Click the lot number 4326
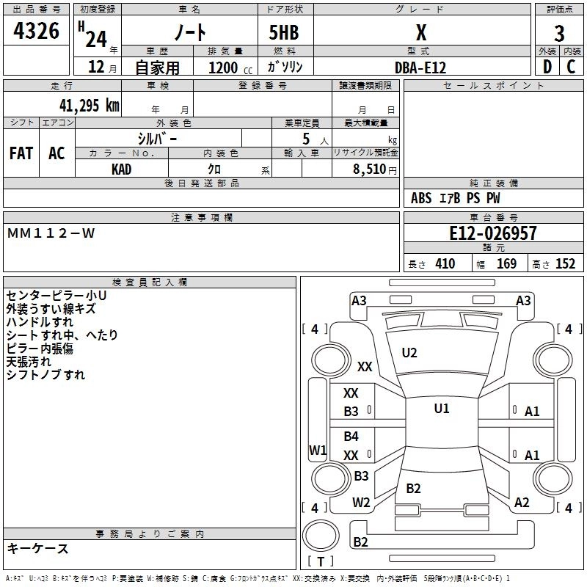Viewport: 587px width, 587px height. pos(36,32)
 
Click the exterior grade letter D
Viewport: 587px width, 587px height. pos(547,67)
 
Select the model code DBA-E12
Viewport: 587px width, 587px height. pos(420,68)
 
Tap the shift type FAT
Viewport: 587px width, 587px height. pos(21,153)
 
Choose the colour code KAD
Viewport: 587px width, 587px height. pos(122,169)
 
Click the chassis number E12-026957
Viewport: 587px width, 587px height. pos(492,234)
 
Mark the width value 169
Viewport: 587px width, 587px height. pos(506,264)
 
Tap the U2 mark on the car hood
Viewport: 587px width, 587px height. pos(409,353)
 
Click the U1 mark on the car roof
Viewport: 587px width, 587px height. pos(441,409)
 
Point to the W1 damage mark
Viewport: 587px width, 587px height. pos(318,450)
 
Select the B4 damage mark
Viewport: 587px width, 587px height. pos(351,437)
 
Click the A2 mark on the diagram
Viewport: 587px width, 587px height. pos(522,503)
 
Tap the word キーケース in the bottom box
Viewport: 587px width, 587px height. pos(38,549)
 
